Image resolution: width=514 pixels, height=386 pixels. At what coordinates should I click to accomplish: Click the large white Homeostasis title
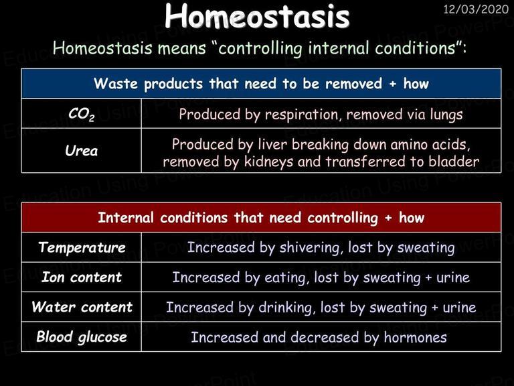pyautogui.click(x=257, y=16)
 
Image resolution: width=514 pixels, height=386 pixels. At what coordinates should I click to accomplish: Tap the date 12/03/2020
pyautogui.click(x=476, y=9)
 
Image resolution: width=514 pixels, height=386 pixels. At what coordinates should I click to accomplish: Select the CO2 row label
pyautogui.click(x=81, y=114)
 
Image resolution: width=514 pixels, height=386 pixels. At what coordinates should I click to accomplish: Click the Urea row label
pyautogui.click(x=81, y=151)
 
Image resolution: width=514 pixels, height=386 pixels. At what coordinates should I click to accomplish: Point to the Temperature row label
pyautogui.click(x=82, y=247)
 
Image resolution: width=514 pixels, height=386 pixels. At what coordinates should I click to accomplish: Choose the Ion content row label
pyautogui.click(x=82, y=277)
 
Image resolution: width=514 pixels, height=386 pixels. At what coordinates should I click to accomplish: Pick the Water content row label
pyautogui.click(x=82, y=307)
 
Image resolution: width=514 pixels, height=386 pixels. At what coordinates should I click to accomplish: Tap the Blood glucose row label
pyautogui.click(x=82, y=337)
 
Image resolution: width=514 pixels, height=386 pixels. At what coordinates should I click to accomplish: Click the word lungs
pyautogui.click(x=446, y=115)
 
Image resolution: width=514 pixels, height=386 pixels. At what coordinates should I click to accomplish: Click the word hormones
pyautogui.click(x=416, y=338)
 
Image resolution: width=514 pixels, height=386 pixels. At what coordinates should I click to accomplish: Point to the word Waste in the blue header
pyautogui.click(x=116, y=83)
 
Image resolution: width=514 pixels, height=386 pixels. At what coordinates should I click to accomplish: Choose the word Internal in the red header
pyautogui.click(x=126, y=218)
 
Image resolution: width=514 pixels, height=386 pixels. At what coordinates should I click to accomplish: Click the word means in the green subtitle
pyautogui.click(x=182, y=48)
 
